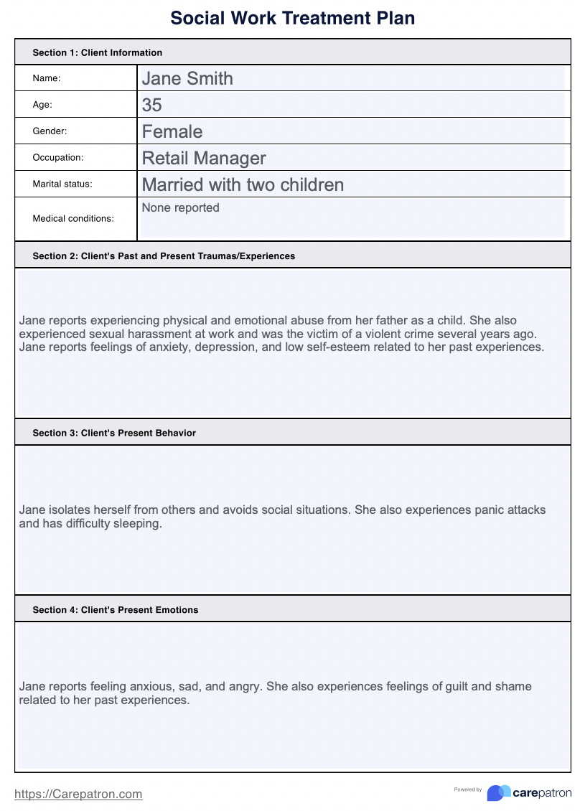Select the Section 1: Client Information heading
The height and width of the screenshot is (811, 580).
(98, 52)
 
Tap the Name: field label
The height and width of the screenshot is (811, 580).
(47, 78)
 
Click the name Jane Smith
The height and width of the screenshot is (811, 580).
(187, 78)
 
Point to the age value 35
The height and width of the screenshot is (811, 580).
(152, 105)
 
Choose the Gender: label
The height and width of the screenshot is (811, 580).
(50, 131)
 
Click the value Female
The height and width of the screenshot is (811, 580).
(172, 131)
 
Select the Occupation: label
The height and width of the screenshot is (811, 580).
(58, 157)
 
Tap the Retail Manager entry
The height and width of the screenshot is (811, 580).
(204, 158)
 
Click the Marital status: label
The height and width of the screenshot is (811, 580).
(62, 184)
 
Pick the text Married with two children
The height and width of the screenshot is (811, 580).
(243, 184)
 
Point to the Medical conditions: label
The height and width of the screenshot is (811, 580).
(73, 218)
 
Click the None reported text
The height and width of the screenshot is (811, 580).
(181, 208)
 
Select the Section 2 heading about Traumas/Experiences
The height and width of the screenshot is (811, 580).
(164, 256)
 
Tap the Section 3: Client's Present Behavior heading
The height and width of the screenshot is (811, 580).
(114, 433)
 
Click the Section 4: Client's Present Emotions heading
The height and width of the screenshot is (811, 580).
(116, 609)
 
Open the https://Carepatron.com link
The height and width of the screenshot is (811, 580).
(78, 794)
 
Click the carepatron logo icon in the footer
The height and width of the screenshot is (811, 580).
(499, 792)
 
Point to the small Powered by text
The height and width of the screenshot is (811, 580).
(468, 789)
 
